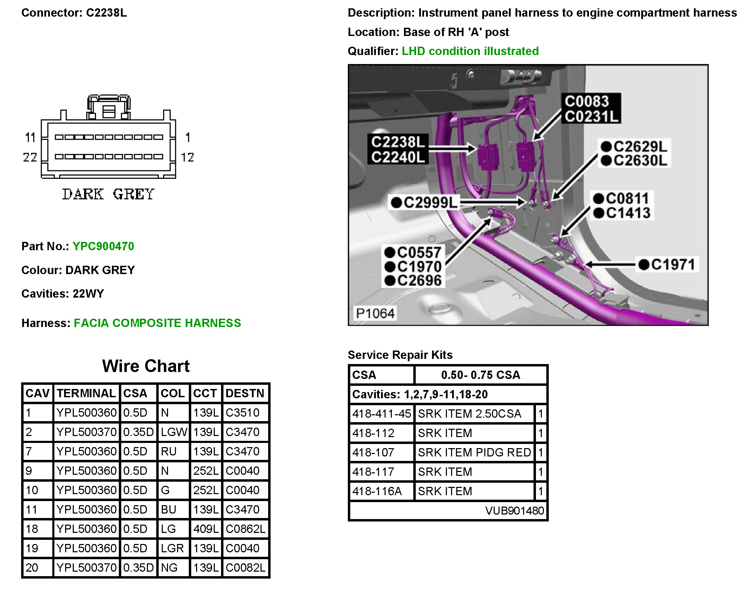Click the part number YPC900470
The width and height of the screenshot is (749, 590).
(103, 246)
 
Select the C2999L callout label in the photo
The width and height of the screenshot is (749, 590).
(430, 202)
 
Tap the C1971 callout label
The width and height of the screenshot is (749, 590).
(672, 265)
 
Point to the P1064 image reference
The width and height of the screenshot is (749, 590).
(375, 313)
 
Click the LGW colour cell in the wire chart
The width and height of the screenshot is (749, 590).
(174, 432)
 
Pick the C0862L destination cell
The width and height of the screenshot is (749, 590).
(245, 529)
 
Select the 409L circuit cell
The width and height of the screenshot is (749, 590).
(206, 529)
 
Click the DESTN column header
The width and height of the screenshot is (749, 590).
(245, 393)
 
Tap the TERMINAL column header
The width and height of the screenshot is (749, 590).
(86, 393)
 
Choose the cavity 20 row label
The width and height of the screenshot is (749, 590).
(32, 568)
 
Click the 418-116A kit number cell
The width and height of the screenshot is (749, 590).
(377, 491)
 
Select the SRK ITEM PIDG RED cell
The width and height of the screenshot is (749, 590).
(474, 452)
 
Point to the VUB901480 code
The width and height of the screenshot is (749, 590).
(514, 510)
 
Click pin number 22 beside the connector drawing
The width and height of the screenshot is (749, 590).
(30, 157)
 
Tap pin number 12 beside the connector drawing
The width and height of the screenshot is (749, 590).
(187, 157)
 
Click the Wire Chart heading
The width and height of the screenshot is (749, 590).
(146, 366)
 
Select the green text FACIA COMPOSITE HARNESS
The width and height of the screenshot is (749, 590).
(157, 323)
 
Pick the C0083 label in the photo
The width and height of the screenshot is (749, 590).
(587, 101)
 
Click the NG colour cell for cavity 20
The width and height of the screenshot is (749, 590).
(169, 568)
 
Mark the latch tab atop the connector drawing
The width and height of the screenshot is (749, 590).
(109, 107)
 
